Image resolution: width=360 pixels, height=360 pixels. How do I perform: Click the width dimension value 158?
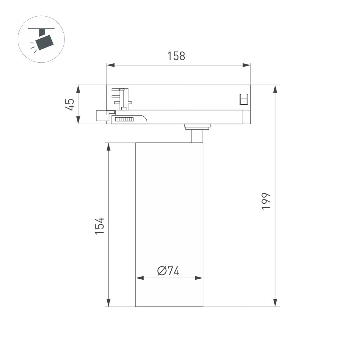coord(176,56)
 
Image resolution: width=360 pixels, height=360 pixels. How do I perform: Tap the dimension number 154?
coord(99,226)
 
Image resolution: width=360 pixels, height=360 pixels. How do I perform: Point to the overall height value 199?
coord(266,201)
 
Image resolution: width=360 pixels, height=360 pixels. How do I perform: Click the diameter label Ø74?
coord(168,271)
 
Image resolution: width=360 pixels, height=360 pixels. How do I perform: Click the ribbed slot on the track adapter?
coord(124,119)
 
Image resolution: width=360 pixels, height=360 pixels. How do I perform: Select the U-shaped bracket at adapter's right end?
coord(244,99)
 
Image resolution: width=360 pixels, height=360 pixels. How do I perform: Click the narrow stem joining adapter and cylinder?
coord(197,136)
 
